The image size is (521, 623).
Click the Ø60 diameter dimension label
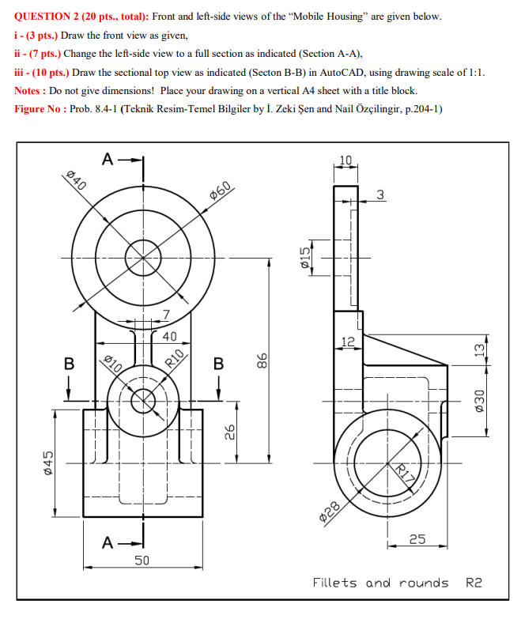tap(221, 191)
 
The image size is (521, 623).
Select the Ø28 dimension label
tap(331, 512)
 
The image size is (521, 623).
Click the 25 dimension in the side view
tap(417, 539)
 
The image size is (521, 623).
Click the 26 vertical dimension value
tap(229, 432)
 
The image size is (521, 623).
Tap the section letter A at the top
tap(107, 159)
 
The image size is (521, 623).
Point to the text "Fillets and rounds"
tap(379, 583)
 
